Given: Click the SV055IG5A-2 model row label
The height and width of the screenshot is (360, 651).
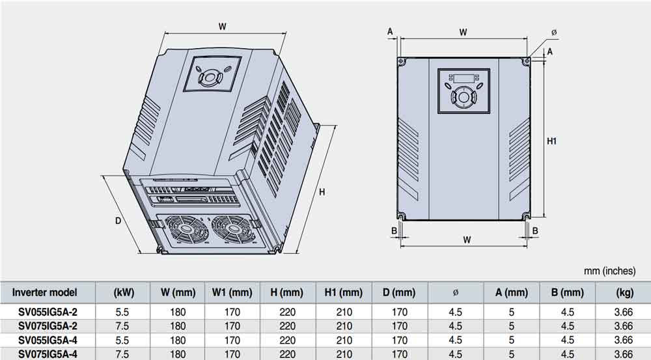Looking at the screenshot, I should [48, 312].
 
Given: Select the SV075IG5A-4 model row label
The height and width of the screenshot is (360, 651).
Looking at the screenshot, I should [48, 354].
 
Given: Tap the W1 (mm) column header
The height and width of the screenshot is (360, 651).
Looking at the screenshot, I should [232, 292].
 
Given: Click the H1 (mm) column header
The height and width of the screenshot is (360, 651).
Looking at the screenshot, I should [343, 292].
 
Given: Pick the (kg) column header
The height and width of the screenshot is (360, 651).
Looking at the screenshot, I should [624, 292].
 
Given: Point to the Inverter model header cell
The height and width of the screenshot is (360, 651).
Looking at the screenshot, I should [44, 292].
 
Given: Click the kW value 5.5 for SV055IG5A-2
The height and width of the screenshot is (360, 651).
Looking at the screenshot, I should [122, 312].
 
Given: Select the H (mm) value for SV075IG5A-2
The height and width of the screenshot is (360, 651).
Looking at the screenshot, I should [287, 325].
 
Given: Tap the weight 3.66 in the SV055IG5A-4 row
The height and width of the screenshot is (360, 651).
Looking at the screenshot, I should [624, 340].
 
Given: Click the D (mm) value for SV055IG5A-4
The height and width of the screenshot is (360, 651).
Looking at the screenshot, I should [399, 340].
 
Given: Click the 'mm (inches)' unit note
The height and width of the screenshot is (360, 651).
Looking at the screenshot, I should [615, 270].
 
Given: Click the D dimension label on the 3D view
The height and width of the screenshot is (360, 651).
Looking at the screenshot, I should [118, 220].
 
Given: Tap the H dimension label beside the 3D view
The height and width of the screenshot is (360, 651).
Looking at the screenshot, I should [321, 192].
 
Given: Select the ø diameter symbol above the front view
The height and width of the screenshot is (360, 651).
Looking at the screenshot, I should [553, 32].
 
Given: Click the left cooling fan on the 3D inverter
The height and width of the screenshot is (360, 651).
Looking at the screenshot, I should [182, 230].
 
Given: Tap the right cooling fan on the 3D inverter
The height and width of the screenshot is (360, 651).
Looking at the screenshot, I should [230, 230].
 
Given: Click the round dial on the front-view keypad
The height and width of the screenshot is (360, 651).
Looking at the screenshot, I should [463, 98].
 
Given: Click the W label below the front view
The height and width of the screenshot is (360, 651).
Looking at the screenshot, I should [467, 240].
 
